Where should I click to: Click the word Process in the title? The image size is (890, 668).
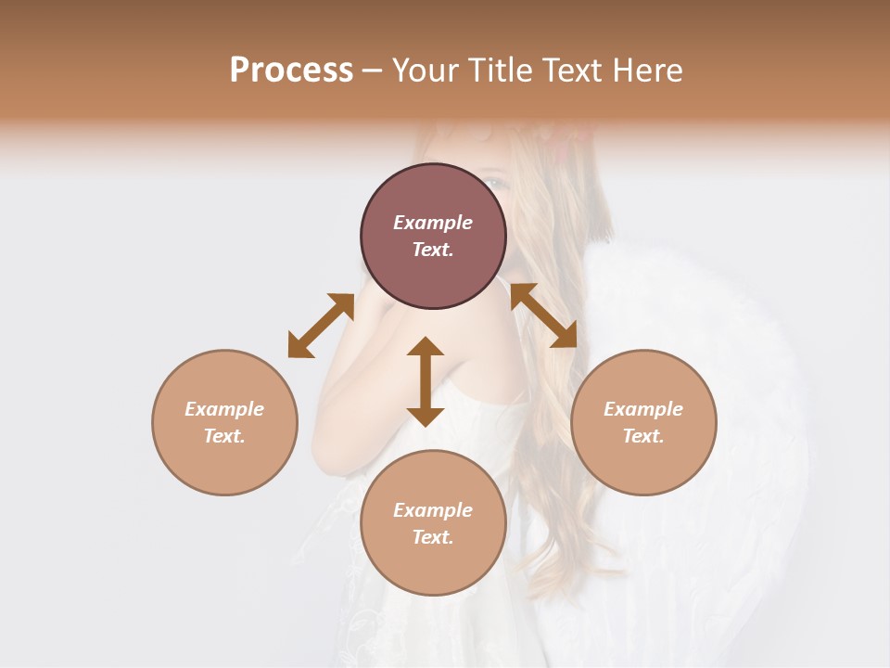tap(291, 71)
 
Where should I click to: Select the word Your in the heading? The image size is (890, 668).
tap(426, 71)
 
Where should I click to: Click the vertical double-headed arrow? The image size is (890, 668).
tap(426, 381)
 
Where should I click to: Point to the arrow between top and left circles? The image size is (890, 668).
tap(321, 326)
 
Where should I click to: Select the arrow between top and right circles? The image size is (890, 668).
tap(544, 315)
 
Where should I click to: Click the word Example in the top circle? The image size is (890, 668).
tap(433, 223)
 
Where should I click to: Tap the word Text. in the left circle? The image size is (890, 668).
tap(224, 436)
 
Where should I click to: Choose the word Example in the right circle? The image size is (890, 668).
tap(643, 409)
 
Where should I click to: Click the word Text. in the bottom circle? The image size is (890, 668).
tap(433, 537)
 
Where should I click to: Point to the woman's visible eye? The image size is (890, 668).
tap(499, 183)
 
